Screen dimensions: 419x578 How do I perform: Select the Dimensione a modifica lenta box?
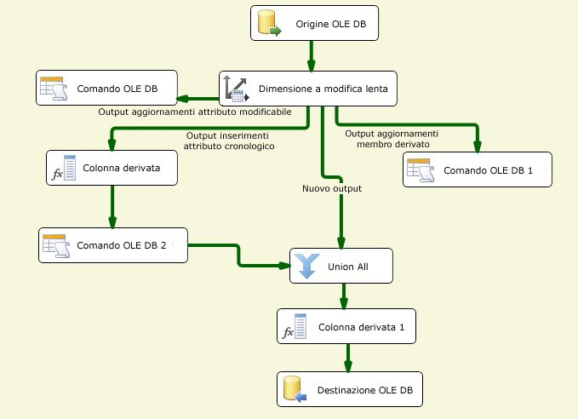[308, 89]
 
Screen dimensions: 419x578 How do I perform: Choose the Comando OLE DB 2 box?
[113, 245]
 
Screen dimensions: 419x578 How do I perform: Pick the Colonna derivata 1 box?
[346, 327]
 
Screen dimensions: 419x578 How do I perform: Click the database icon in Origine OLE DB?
[269, 24]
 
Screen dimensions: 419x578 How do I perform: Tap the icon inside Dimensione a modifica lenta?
[236, 89]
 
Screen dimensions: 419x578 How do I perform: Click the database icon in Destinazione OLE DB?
[294, 390]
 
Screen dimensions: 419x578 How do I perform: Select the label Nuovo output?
[331, 188]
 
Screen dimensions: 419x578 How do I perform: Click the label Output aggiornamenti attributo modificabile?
[195, 112]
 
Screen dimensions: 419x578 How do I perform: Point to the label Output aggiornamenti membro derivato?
[392, 139]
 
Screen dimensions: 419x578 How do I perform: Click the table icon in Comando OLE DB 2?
[54, 245]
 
